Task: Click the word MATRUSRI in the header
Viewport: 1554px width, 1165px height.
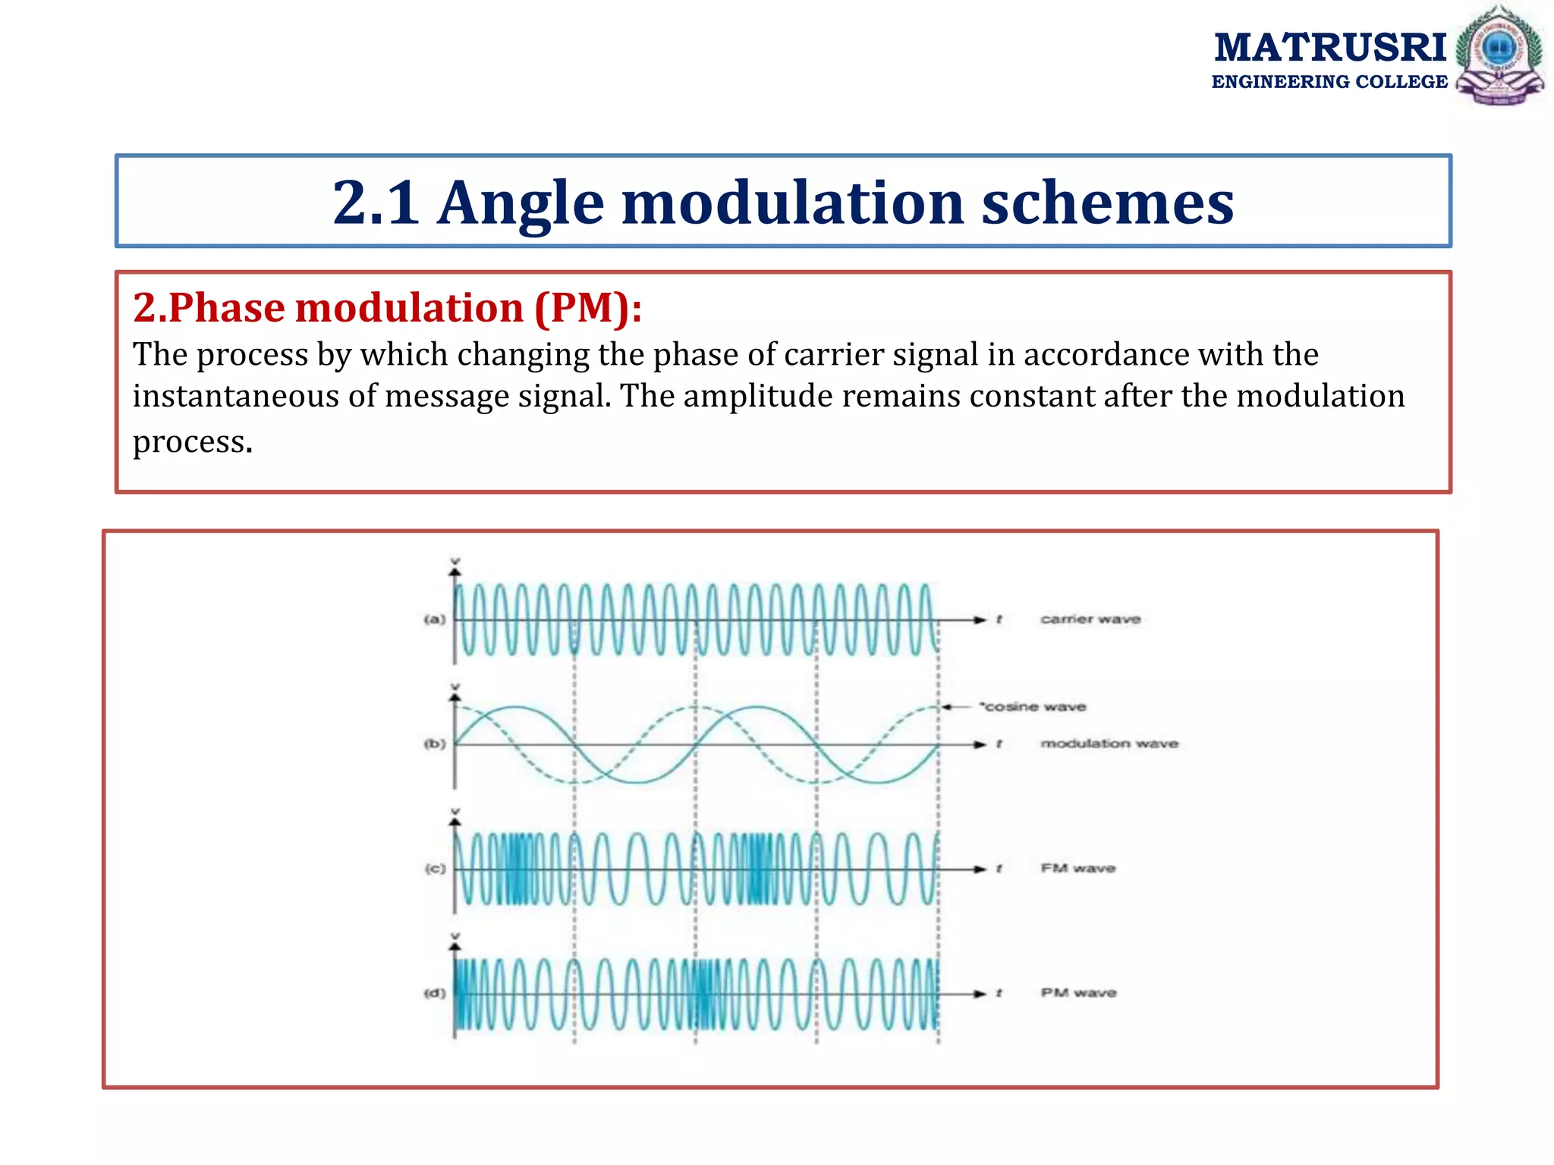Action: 1330,48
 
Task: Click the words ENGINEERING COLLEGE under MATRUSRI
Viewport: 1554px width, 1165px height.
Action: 1329,82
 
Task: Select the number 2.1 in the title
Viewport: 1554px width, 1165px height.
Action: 376,203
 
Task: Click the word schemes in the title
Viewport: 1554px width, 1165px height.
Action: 1107,203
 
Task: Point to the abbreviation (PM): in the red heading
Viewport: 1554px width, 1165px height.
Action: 588,308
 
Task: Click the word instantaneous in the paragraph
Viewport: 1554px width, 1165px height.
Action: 235,396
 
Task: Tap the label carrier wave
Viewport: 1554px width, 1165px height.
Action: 1090,619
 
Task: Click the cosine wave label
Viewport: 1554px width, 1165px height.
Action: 1033,707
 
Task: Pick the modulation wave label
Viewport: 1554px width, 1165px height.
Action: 1109,743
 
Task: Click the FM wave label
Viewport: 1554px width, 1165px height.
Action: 1077,868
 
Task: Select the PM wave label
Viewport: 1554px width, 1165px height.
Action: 1078,993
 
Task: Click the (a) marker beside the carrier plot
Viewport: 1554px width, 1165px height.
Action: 434,620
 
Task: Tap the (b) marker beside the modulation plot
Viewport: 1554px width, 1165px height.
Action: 434,744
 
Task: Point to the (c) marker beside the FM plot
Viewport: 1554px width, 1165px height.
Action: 434,868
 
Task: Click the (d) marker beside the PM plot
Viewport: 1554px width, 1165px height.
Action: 434,993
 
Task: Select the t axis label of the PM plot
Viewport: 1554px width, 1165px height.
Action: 999,993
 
